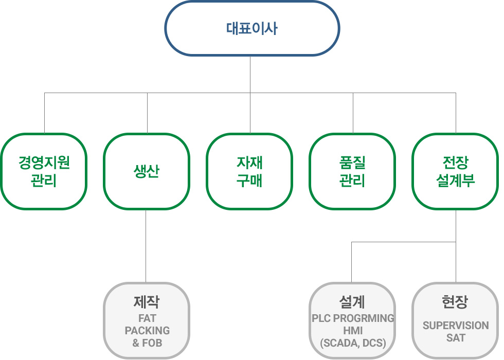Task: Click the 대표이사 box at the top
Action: [251, 28]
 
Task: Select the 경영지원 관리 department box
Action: [44, 171]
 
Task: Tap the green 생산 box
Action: [147, 171]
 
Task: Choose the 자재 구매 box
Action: [249, 171]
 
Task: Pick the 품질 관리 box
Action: [352, 171]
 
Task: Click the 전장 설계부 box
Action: [455, 171]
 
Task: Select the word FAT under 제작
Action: [147, 319]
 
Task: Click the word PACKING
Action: [147, 331]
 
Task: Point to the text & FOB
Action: [147, 343]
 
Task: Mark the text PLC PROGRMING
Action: [353, 318]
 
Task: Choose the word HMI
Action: [353, 331]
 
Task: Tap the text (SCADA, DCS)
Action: [353, 343]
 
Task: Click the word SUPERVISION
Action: [456, 326]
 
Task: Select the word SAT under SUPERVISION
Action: [456, 338]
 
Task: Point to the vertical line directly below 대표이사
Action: [250, 75]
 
